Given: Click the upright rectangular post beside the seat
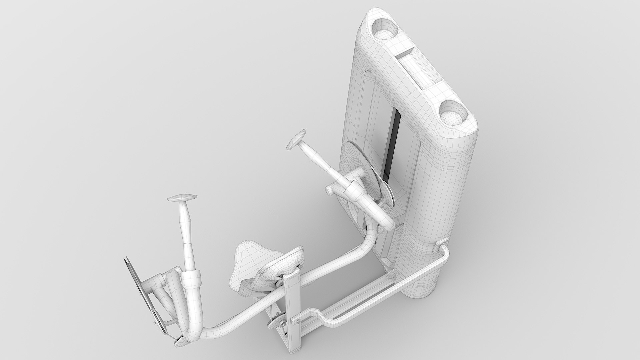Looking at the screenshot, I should (x=293, y=300).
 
